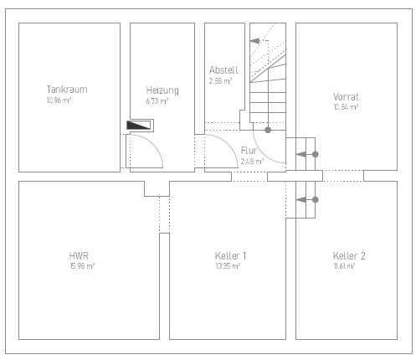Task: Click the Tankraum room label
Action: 67,90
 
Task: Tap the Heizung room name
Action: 162,90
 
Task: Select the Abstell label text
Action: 223,69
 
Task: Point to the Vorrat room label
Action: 346,97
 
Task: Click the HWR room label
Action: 79,255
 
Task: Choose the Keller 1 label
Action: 230,255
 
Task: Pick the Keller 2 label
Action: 349,255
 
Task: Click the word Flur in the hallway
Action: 249,151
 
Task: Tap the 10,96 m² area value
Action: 59,100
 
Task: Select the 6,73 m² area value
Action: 157,101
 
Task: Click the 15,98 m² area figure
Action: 82,266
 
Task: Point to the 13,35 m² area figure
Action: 228,266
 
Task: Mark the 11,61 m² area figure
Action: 344,266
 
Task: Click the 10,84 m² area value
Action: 346,107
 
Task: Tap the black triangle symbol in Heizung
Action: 138,125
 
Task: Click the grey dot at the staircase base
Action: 268,130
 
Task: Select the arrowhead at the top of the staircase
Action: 254,41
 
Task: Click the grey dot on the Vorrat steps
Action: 316,154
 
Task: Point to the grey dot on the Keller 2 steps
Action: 316,199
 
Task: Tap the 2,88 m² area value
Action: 220,81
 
